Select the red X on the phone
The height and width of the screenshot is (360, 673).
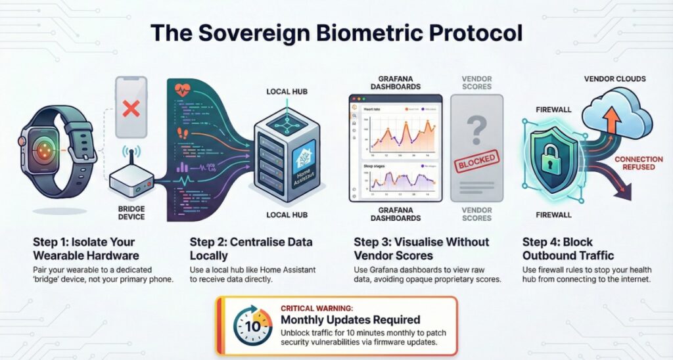131,108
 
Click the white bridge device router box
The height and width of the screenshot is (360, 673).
130,181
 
